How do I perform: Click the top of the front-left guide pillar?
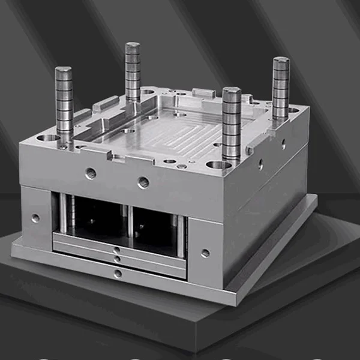click(64, 70)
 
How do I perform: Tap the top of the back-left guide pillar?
click(133, 46)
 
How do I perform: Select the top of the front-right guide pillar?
click(232, 91)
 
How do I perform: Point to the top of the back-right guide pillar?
click(281, 61)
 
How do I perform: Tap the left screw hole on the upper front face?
click(91, 173)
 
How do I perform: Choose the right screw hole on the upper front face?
click(143, 182)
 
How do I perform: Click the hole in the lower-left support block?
click(35, 218)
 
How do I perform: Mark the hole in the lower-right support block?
click(205, 253)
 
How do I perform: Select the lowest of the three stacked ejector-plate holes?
click(118, 274)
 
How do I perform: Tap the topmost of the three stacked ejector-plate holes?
click(116, 250)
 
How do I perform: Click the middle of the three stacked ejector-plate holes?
click(118, 259)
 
